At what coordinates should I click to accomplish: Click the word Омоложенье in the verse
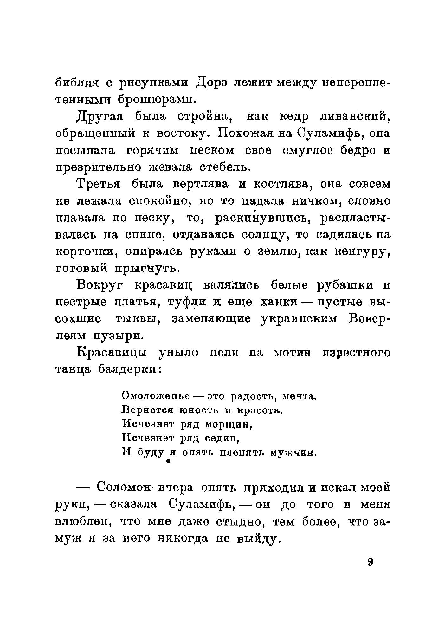pyautogui.click(x=155, y=396)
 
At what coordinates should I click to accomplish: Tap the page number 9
pyautogui.click(x=371, y=562)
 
